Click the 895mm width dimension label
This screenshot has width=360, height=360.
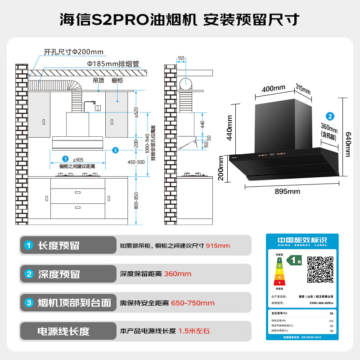pos(287,192)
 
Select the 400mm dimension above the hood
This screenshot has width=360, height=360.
pos(273,88)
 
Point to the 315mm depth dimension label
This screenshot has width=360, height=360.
pos(303,89)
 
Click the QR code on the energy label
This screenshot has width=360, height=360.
pos(320,270)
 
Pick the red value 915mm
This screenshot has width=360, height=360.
pos(218,246)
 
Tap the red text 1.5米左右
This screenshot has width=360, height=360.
pos(194,331)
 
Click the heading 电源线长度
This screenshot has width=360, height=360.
pos(63,332)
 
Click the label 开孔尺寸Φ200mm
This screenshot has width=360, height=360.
pos(73,52)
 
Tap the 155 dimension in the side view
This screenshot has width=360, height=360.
pos(181,58)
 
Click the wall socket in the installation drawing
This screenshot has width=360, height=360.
pos(97,108)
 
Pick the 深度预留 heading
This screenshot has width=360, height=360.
pos(58,274)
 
